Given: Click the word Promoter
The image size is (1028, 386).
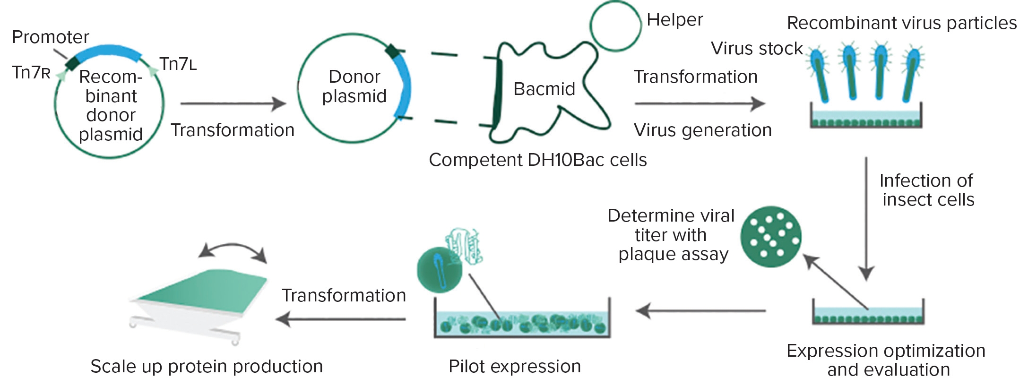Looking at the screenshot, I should pyautogui.click(x=51, y=37).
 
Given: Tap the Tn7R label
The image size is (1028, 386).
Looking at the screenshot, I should pyautogui.click(x=31, y=73).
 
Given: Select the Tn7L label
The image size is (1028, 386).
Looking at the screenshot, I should pyautogui.click(x=178, y=64).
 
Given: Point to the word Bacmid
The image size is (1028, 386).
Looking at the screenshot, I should pyautogui.click(x=544, y=89).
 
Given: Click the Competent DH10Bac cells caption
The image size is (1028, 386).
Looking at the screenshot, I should pyautogui.click(x=537, y=160).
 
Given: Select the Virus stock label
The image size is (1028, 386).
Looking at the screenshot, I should pyautogui.click(x=757, y=49).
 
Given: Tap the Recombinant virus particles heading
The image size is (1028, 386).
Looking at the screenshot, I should pyautogui.click(x=901, y=23).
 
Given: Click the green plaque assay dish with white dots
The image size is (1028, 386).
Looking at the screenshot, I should pyautogui.click(x=770, y=237).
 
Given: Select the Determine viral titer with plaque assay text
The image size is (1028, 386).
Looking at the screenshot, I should pyautogui.click(x=671, y=235).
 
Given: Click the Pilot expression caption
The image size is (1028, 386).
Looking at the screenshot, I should pyautogui.click(x=515, y=367).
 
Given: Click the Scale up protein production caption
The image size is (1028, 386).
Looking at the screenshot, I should pyautogui.click(x=207, y=367).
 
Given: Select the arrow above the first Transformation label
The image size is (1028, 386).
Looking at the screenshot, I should pyautogui.click(x=233, y=103).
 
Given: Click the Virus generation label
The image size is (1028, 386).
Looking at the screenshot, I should pyautogui.click(x=702, y=130).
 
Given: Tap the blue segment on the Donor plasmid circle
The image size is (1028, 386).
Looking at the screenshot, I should pyautogui.click(x=403, y=87).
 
